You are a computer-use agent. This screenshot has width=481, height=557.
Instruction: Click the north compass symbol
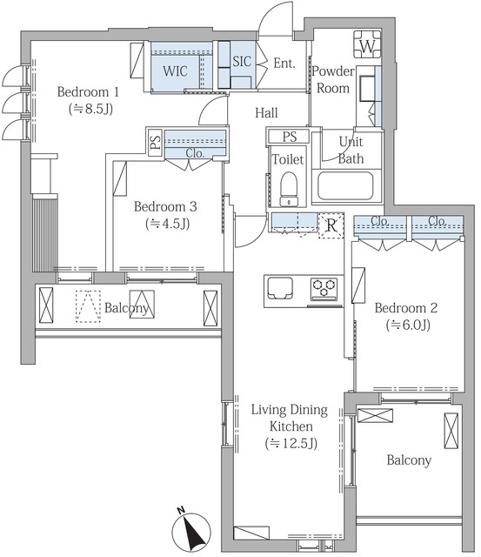(x=191, y=531)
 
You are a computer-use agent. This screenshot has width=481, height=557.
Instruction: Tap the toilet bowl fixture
(x=289, y=189)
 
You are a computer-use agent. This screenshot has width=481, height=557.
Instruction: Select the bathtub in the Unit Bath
(x=345, y=185)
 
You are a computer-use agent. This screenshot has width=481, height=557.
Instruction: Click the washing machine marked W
(x=367, y=44)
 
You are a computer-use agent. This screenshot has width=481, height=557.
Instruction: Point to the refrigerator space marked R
(x=331, y=225)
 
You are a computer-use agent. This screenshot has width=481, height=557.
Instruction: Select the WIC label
(x=175, y=71)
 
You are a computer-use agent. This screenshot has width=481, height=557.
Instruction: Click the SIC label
(x=242, y=62)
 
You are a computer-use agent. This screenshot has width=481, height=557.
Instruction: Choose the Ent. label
(x=284, y=64)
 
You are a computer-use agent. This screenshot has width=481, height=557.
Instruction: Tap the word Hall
(x=266, y=113)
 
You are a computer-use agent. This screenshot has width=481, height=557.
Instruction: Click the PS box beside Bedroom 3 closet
(x=155, y=143)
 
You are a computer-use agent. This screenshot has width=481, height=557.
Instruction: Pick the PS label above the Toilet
(x=290, y=137)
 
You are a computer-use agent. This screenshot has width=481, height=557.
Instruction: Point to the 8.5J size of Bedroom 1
(x=90, y=109)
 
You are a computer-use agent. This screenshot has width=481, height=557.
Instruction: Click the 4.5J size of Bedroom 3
(x=167, y=224)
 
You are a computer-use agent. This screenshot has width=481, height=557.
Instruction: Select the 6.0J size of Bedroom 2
(x=408, y=325)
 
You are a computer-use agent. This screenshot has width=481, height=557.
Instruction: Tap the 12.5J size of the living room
(x=291, y=443)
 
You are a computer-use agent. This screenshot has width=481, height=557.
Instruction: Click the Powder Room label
(x=333, y=79)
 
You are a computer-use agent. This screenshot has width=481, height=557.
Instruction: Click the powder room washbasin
(x=367, y=88)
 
